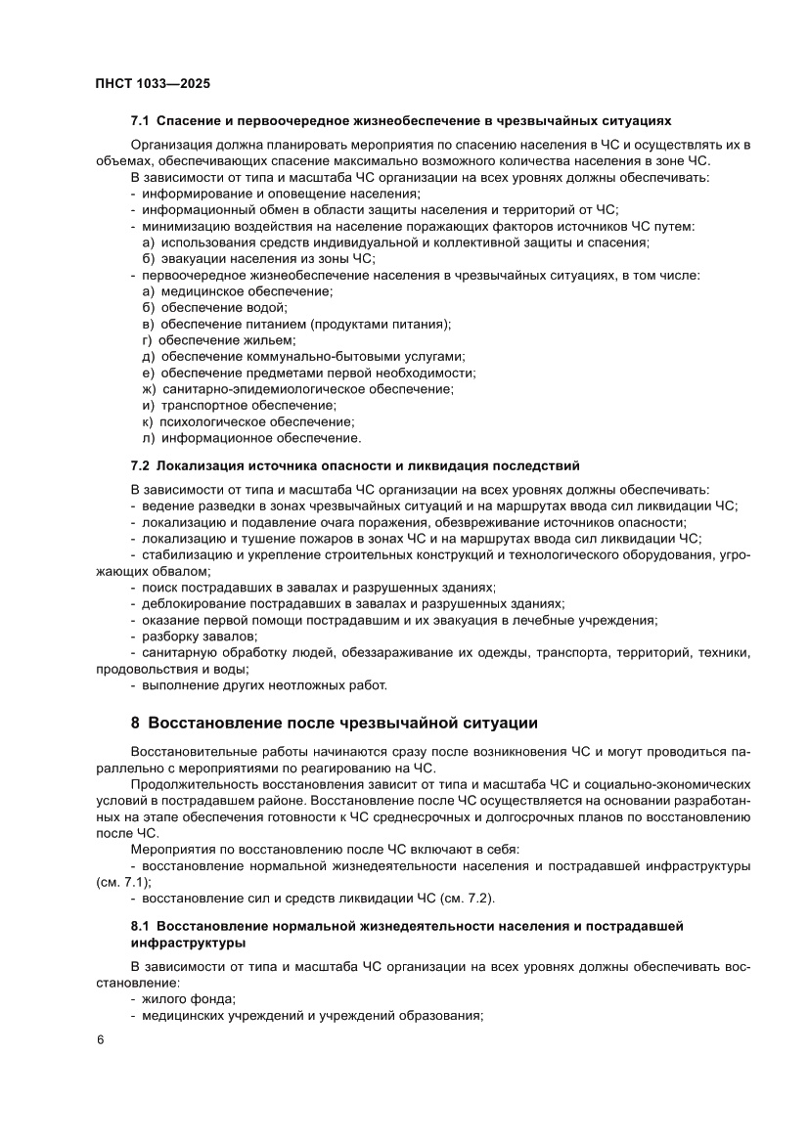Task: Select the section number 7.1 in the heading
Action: point(140,121)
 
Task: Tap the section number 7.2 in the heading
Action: point(140,464)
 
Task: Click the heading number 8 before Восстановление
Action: point(135,724)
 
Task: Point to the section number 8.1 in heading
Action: point(141,924)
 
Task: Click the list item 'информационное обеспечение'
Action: point(261,438)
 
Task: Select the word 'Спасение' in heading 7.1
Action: point(186,121)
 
